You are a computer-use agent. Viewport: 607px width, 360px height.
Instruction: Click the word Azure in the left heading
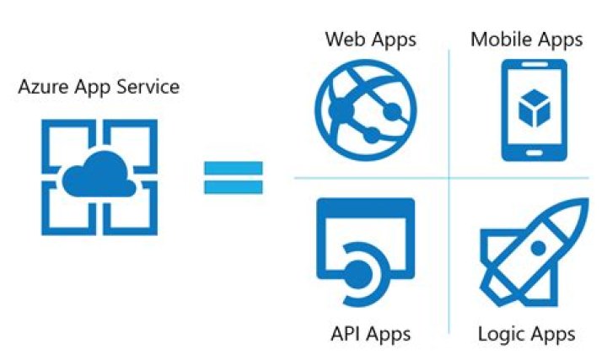point(44,86)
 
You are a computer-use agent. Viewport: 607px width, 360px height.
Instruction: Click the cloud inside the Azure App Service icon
point(99,174)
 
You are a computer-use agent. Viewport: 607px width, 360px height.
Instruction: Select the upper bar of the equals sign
point(234,168)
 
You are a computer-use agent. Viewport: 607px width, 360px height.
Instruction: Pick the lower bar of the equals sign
point(234,187)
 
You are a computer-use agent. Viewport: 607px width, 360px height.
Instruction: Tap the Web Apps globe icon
point(366,110)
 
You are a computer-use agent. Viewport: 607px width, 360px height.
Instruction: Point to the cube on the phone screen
point(534,109)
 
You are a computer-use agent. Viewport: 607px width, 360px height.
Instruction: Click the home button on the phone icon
point(534,153)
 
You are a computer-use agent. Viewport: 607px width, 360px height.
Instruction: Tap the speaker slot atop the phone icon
point(534,64)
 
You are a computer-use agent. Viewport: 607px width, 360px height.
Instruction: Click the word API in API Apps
point(344,334)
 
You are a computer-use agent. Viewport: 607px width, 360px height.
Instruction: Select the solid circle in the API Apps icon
point(358,275)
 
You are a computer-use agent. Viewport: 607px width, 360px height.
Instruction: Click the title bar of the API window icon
point(366,207)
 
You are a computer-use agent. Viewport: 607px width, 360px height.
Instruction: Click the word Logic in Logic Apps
point(501,334)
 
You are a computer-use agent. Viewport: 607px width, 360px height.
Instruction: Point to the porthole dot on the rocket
point(539,248)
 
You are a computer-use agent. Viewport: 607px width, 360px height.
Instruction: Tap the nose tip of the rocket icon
point(588,199)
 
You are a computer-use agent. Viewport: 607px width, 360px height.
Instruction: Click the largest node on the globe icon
point(341,111)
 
